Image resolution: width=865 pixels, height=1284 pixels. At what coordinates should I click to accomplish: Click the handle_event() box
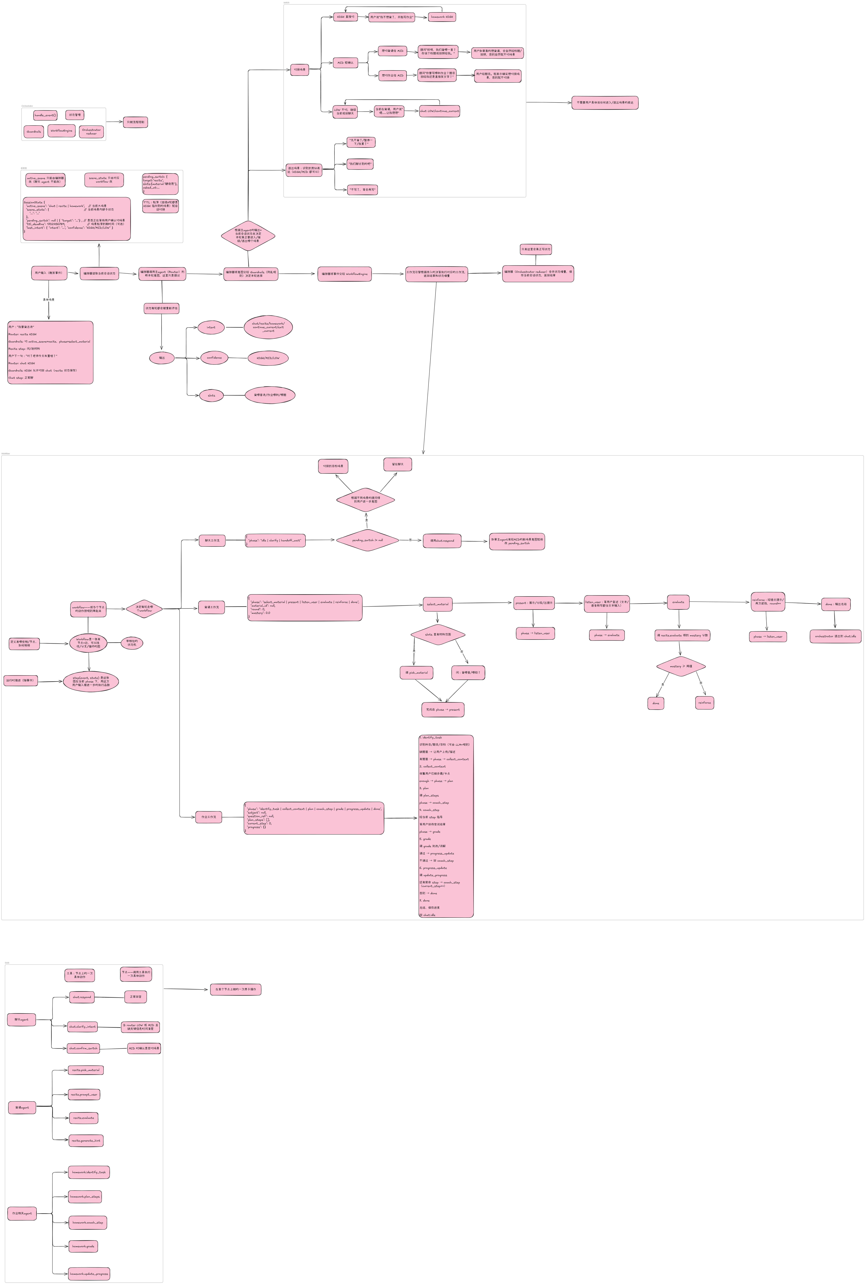click(x=45, y=115)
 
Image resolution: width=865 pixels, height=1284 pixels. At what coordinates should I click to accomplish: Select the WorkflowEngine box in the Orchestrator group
click(x=61, y=131)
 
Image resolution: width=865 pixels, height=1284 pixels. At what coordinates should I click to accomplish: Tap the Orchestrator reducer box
click(x=92, y=131)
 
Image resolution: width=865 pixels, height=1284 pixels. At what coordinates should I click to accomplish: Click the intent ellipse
click(x=211, y=327)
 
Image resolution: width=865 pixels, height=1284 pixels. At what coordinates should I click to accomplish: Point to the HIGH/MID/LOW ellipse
click(x=268, y=358)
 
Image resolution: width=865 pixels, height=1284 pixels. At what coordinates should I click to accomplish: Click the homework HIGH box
click(x=442, y=17)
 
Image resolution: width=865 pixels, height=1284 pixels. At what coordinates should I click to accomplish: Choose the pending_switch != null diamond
click(x=367, y=540)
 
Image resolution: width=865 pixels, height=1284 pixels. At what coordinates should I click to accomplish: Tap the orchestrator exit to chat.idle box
click(x=835, y=636)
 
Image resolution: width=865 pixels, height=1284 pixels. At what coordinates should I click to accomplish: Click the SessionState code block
click(x=77, y=218)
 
